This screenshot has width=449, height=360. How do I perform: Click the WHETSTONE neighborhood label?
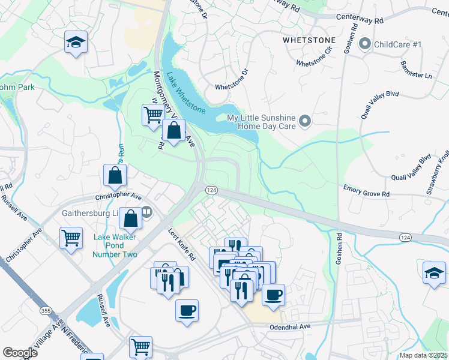point(309,40)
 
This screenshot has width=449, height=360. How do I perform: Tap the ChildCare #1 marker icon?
point(364,44)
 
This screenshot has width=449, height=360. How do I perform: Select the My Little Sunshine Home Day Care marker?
point(304,122)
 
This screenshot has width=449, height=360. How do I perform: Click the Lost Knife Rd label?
point(182,245)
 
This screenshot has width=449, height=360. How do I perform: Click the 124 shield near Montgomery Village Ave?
point(211,190)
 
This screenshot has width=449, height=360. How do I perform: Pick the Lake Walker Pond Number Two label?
point(115,245)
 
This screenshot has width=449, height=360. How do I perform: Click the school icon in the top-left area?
point(76,42)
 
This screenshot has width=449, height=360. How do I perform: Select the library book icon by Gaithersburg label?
point(146,212)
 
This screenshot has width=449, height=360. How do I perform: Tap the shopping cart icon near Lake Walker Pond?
point(71,238)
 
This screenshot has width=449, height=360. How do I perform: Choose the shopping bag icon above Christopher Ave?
point(115,176)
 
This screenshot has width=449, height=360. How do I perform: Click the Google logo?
point(20,353)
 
